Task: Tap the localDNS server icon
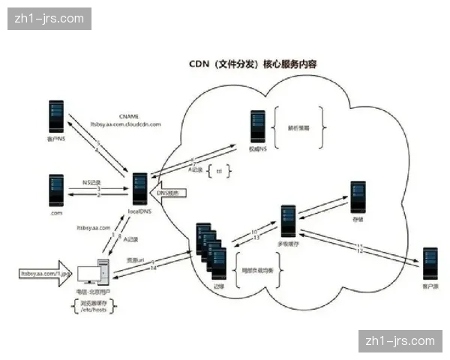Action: (139, 188)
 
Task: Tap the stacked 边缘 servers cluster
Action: (210, 246)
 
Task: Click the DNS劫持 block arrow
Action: (168, 194)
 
